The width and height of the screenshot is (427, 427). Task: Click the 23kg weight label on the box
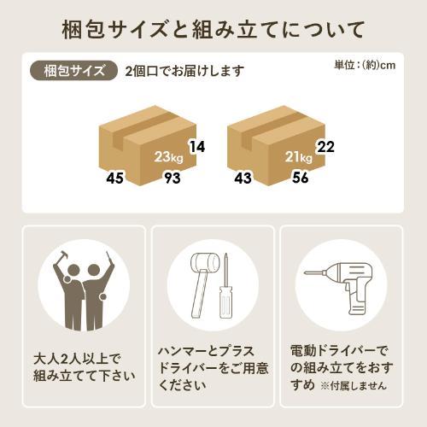pyautogui.click(x=168, y=157)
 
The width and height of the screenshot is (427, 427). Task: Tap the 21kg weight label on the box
pyautogui.click(x=299, y=157)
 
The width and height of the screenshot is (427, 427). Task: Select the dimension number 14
pyautogui.click(x=197, y=147)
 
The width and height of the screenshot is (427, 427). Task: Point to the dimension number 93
pyautogui.click(x=173, y=178)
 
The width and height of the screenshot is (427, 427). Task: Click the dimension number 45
pyautogui.click(x=114, y=178)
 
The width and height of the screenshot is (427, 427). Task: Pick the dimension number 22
pyautogui.click(x=325, y=147)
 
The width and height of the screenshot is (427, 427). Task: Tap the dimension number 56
pyautogui.click(x=301, y=178)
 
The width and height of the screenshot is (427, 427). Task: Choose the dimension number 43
pyautogui.click(x=243, y=178)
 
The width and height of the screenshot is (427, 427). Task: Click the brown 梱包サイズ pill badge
pyautogui.click(x=73, y=70)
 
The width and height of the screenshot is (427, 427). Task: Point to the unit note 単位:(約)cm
pyautogui.click(x=365, y=65)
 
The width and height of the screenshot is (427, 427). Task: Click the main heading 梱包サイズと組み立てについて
pyautogui.click(x=213, y=29)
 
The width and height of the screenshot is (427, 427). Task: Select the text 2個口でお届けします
pyautogui.click(x=184, y=71)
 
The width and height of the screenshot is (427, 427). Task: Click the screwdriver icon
pyautogui.click(x=226, y=288)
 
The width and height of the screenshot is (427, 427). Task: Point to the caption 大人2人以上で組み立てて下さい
pyautogui.click(x=85, y=367)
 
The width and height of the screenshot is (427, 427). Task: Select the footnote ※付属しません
pyautogui.click(x=354, y=386)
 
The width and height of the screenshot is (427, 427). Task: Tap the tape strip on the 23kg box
pyautogui.click(x=143, y=128)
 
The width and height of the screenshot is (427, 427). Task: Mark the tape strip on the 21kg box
pyautogui.click(x=271, y=128)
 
